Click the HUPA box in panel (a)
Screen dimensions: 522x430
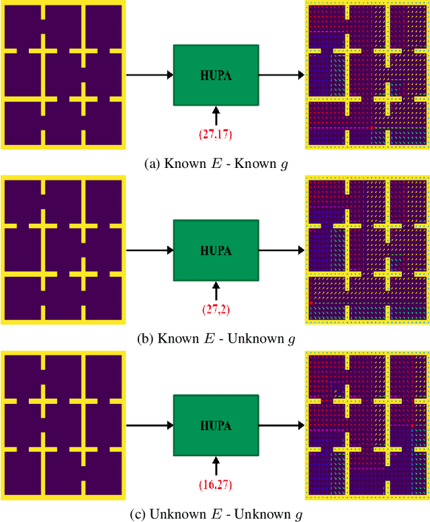(215, 74)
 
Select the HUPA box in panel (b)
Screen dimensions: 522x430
(215, 250)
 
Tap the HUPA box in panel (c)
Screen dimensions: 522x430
(215, 425)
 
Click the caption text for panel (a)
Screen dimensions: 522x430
(215, 163)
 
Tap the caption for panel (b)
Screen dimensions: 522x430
(215, 339)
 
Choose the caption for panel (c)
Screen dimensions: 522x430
(215, 514)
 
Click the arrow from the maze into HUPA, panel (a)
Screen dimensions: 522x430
(148, 74)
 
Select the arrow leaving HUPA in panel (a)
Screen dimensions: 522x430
(281, 74)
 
